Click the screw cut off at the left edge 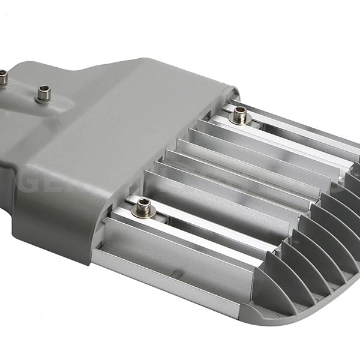tap(3, 77)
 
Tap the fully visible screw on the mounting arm tap(43, 93)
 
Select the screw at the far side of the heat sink tap(240, 114)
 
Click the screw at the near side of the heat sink tap(143, 208)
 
